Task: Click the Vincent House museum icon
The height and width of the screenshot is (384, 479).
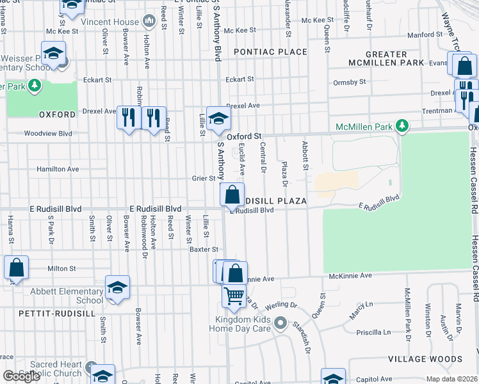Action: click(x=149, y=21)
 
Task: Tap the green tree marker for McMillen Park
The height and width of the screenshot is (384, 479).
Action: click(x=402, y=125)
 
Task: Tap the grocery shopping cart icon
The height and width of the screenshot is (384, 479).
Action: click(x=234, y=296)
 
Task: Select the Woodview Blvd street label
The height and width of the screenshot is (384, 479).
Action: click(x=48, y=134)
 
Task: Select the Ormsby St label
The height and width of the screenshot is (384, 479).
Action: click(x=350, y=82)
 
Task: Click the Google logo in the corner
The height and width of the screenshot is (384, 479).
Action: click(x=21, y=376)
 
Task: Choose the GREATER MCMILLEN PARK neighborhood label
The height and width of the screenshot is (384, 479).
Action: click(x=386, y=58)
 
